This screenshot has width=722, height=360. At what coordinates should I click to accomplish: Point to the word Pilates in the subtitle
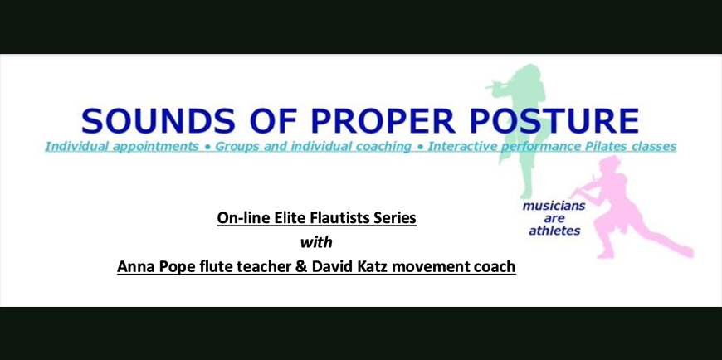(615, 146)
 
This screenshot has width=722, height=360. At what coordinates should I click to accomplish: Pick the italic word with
(316, 241)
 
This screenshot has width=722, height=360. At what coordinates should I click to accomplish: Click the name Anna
(133, 266)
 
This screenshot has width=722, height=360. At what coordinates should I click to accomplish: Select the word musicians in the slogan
(554, 206)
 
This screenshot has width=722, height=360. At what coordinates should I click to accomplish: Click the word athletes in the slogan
(554, 231)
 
